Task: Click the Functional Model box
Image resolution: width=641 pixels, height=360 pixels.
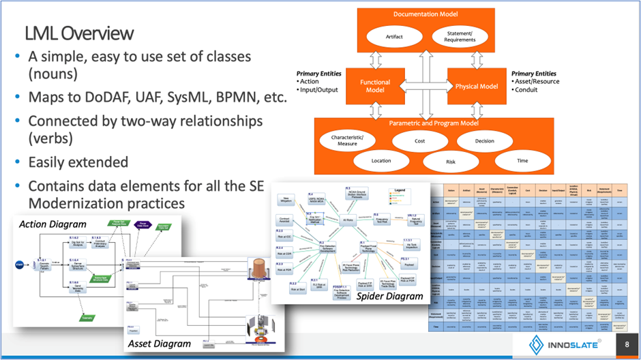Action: (x=375, y=85)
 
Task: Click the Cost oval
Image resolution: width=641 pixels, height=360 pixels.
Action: (x=419, y=141)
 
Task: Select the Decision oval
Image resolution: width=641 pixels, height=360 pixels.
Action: (x=484, y=141)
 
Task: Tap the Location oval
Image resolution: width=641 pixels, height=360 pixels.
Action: (x=381, y=161)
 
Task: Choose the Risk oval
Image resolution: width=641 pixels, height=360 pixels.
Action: (x=450, y=162)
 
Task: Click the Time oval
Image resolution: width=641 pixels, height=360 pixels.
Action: (x=522, y=161)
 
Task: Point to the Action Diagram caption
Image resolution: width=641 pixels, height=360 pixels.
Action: (x=53, y=224)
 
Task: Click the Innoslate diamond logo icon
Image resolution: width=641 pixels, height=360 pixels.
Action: (x=536, y=344)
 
